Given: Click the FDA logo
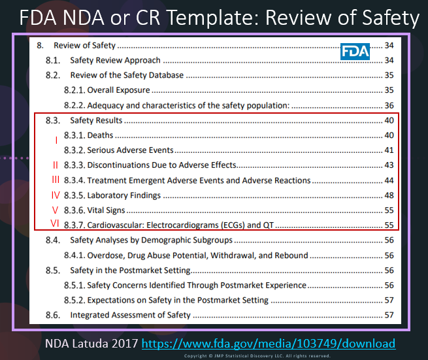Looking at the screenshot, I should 355,51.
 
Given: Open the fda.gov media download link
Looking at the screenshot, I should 268,344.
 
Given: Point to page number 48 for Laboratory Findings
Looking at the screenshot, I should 389,195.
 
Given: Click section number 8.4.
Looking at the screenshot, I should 53,240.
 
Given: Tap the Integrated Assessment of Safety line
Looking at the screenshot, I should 130,315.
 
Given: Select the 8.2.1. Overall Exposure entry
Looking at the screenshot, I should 107,90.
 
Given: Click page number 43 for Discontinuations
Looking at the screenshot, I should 389,165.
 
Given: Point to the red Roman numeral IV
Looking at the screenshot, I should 56,195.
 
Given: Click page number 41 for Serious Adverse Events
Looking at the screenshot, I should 389,150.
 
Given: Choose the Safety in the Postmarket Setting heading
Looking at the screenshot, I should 130,270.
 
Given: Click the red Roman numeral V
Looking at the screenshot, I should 56,210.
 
